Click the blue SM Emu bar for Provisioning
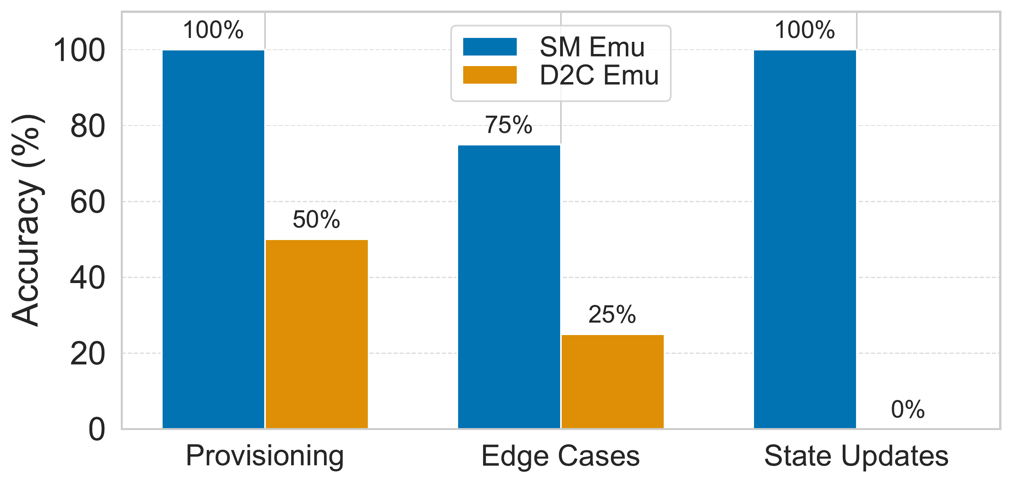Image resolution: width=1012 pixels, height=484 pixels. click(x=213, y=239)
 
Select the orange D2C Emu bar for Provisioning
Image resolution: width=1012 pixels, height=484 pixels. click(x=317, y=334)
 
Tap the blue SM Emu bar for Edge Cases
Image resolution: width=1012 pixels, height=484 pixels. click(x=509, y=287)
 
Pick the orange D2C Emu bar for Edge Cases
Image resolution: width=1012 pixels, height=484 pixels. click(x=613, y=382)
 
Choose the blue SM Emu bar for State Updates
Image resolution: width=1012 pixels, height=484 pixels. click(x=805, y=239)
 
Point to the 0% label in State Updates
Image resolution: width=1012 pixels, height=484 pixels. click(x=908, y=409)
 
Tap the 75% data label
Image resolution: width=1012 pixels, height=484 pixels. click(x=509, y=125)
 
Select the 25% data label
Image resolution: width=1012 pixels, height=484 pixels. click(x=612, y=314)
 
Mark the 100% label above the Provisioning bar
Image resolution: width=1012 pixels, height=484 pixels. click(x=213, y=30)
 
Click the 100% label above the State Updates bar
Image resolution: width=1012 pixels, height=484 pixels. click(x=804, y=30)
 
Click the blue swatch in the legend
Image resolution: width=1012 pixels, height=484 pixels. click(x=490, y=47)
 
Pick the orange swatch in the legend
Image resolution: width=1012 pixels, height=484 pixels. click(x=490, y=75)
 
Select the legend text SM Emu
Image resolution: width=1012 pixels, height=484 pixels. click(x=593, y=47)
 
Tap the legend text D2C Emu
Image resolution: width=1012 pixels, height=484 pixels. click(x=600, y=75)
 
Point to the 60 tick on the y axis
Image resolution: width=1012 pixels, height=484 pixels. click(x=88, y=203)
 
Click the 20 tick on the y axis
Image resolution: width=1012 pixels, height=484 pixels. click(x=88, y=354)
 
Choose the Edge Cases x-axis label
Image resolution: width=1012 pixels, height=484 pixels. click(x=561, y=456)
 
